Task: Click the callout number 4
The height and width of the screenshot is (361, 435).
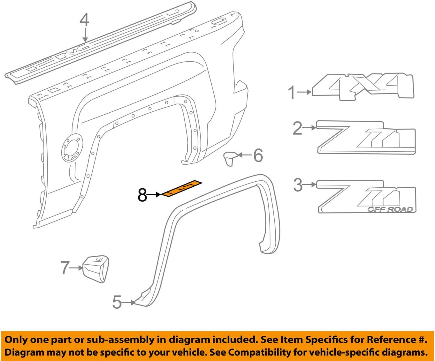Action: point(84,20)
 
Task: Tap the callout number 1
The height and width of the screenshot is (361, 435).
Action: point(292,93)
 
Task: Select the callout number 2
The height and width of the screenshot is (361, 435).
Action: point(297,128)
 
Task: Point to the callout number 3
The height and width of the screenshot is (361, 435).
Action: point(298,185)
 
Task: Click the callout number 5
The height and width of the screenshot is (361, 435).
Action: point(117,302)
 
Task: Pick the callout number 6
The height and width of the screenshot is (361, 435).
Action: point(258,155)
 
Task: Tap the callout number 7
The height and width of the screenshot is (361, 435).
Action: point(65,267)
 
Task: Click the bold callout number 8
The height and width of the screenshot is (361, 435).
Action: point(142,195)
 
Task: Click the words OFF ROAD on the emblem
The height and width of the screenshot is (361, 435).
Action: point(390,209)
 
